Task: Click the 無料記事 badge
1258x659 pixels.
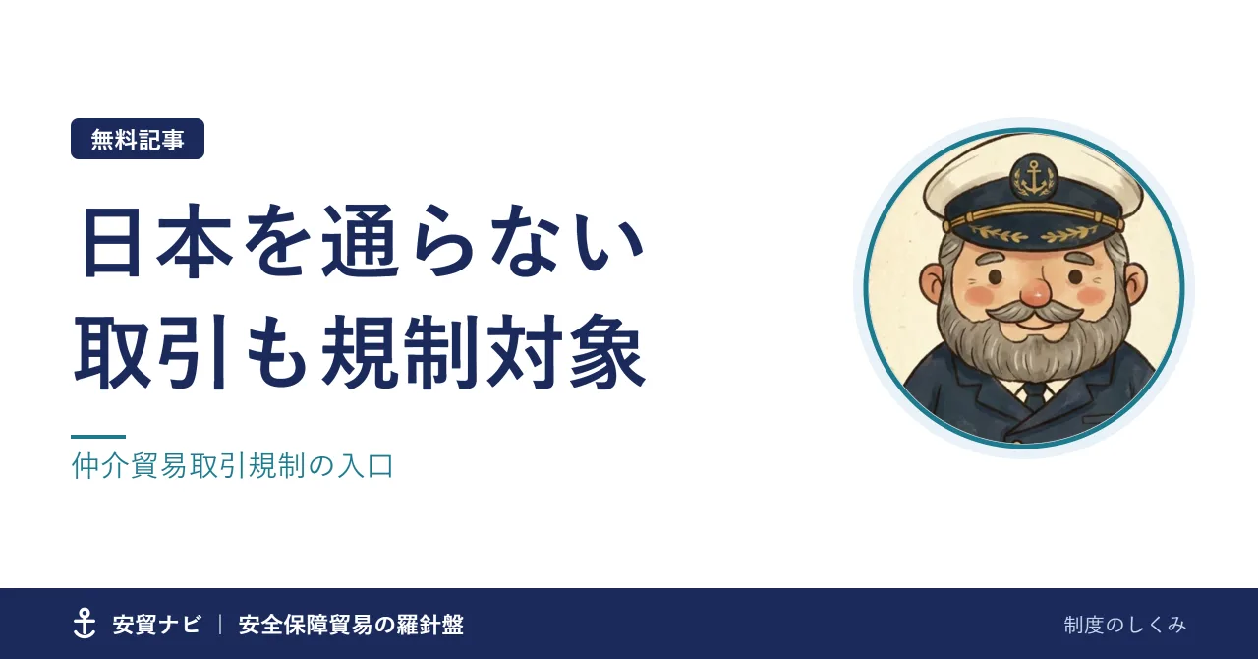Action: click(137, 139)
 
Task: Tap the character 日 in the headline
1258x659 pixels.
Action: click(111, 242)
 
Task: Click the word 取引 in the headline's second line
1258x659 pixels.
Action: click(150, 352)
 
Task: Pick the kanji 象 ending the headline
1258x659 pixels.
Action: click(606, 352)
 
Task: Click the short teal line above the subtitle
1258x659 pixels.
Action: click(98, 437)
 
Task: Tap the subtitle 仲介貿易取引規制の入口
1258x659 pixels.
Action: click(233, 466)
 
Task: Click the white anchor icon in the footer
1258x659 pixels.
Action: click(85, 623)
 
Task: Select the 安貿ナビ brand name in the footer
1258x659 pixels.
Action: click(156, 625)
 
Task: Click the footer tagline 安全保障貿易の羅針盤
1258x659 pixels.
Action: click(351, 625)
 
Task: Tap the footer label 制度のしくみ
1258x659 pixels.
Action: click(1125, 626)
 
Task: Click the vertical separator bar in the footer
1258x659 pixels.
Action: click(220, 625)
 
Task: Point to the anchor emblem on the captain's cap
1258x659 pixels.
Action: click(1033, 178)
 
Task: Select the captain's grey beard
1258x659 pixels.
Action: click(1032, 343)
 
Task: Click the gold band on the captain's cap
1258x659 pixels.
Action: click(1032, 216)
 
